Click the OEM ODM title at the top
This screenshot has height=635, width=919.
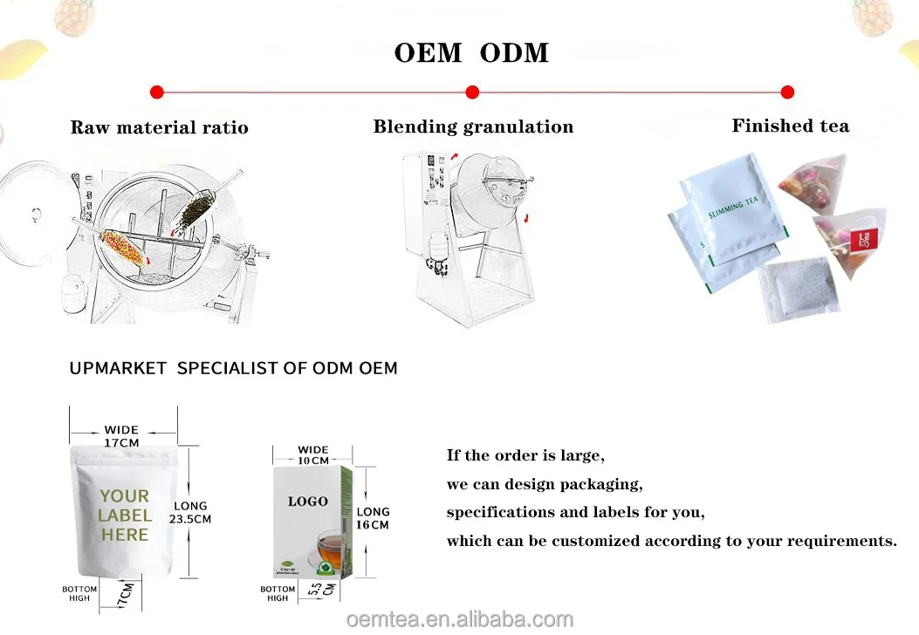click(471, 52)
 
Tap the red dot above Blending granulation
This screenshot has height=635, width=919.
click(472, 92)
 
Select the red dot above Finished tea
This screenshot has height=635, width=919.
click(787, 92)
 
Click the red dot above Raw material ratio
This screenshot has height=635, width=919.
click(157, 92)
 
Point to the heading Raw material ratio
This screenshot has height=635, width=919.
click(159, 127)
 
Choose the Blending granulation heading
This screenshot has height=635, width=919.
click(473, 126)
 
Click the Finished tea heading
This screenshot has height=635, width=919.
click(790, 126)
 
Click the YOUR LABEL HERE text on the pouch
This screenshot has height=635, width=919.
click(124, 515)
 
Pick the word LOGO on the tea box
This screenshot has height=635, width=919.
click(308, 502)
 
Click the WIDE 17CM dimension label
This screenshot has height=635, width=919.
click(121, 436)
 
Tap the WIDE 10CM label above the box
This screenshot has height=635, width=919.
click(313, 455)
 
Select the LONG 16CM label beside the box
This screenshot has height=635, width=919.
click(373, 518)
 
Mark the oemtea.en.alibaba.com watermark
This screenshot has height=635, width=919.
click(460, 619)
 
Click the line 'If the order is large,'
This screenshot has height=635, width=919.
click(525, 455)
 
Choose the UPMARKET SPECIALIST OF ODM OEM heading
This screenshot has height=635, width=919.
click(233, 368)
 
